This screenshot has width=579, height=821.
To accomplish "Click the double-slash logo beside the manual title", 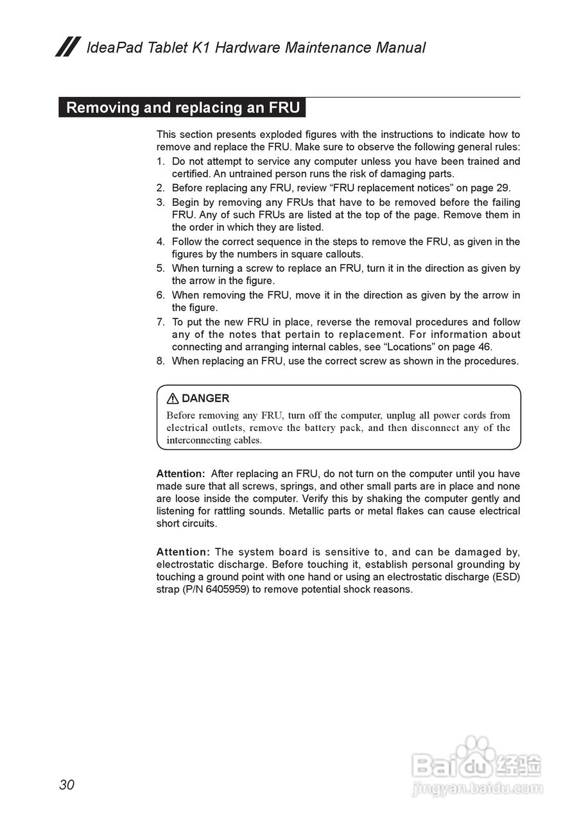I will pos(67,47).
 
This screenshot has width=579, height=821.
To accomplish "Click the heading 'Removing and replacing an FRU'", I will pos(182,107).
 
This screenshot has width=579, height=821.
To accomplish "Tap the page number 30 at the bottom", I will pos(67,784).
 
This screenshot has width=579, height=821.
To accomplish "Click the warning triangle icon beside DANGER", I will pos(173,398).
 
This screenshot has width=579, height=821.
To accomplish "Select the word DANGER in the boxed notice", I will pos(205,398).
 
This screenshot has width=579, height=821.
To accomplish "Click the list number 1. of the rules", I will pos(160,161).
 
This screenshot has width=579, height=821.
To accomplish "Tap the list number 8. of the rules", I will pos(160,361).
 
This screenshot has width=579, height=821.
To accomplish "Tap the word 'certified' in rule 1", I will pos(191,174).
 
